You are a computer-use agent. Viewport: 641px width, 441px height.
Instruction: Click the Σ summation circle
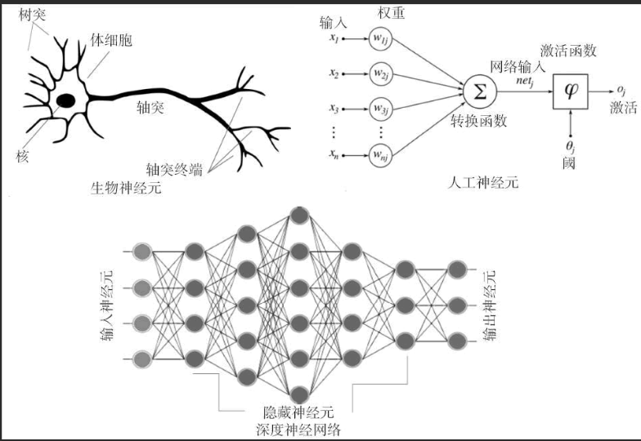(477, 90)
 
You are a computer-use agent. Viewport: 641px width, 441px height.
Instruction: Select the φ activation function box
(571, 89)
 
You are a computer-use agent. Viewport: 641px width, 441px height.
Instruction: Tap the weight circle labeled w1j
(382, 39)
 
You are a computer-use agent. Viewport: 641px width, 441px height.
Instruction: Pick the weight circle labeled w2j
(382, 74)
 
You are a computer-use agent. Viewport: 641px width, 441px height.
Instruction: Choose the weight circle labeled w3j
(382, 108)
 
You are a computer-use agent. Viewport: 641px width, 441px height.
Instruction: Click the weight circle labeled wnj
(382, 154)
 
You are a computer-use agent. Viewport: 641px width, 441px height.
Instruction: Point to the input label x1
(334, 38)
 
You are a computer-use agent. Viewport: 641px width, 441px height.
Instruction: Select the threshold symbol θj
(571, 148)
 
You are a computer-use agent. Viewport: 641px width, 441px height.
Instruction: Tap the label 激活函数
(568, 51)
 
